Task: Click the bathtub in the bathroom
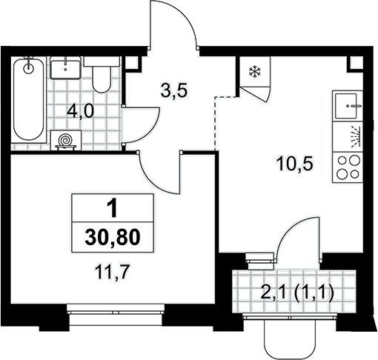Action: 29,99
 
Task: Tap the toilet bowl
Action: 102,75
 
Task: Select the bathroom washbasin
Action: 65,67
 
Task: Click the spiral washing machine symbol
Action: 66,140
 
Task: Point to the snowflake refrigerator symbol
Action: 254,72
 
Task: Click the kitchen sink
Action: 347,106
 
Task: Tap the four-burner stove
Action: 348,167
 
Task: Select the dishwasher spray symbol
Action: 356,137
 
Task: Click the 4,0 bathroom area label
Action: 81,112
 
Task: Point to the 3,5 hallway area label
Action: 174,91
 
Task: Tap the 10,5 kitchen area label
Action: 295,164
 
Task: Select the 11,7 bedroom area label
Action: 113,272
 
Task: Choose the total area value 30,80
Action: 113,237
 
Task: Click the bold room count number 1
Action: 113,208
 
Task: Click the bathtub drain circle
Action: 29,68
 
